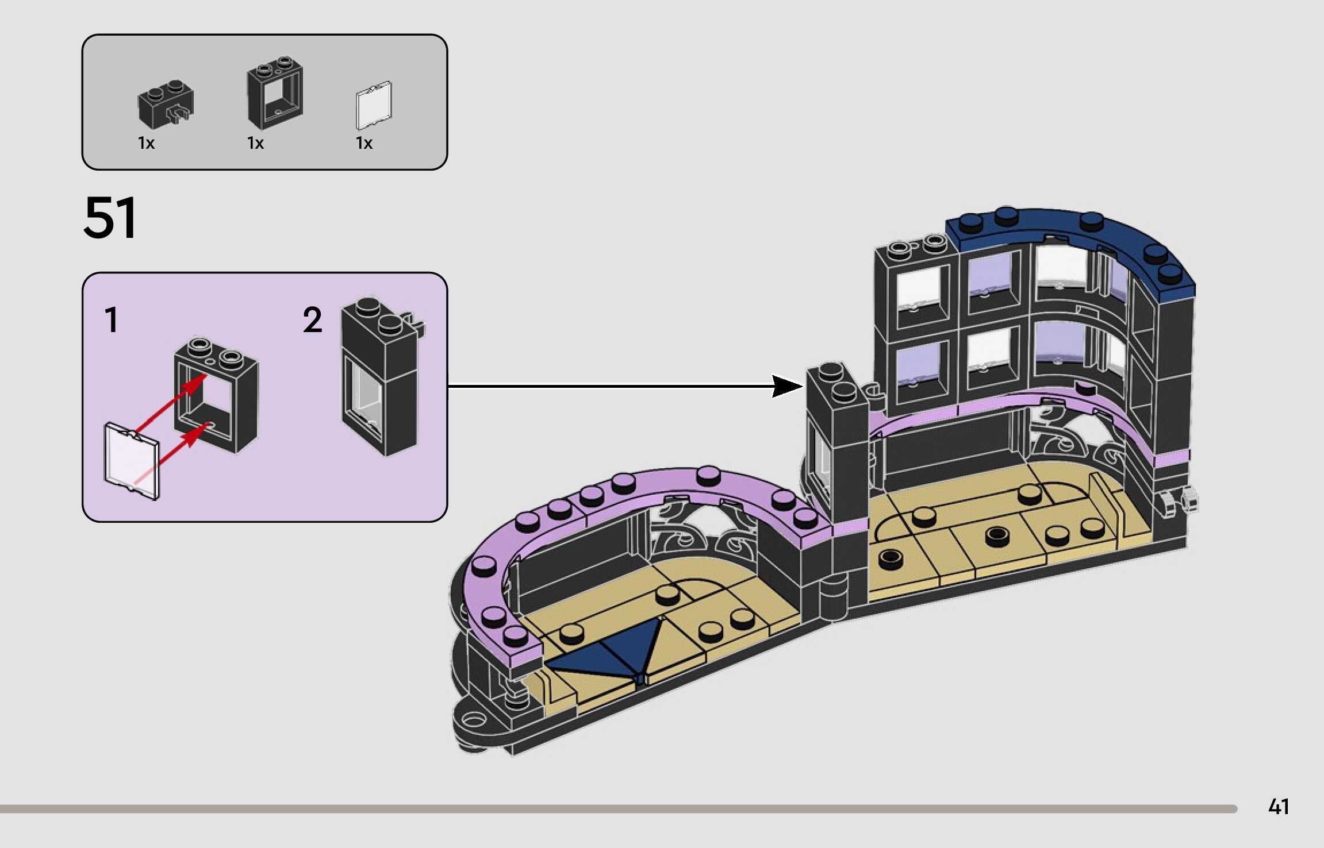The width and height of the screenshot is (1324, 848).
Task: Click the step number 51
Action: click(x=110, y=218)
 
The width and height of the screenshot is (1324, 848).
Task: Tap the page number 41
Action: click(x=1278, y=807)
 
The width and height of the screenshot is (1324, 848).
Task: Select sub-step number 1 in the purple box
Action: click(x=112, y=320)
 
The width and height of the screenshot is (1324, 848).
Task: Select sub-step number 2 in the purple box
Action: click(x=312, y=320)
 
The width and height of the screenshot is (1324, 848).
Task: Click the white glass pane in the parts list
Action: click(x=374, y=106)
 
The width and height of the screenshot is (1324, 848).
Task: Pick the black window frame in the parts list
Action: click(x=275, y=92)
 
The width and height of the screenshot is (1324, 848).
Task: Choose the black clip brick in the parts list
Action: click(x=166, y=105)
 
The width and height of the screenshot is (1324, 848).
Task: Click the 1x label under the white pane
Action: click(x=364, y=143)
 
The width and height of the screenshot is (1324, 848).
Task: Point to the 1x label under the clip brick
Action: click(x=146, y=143)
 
